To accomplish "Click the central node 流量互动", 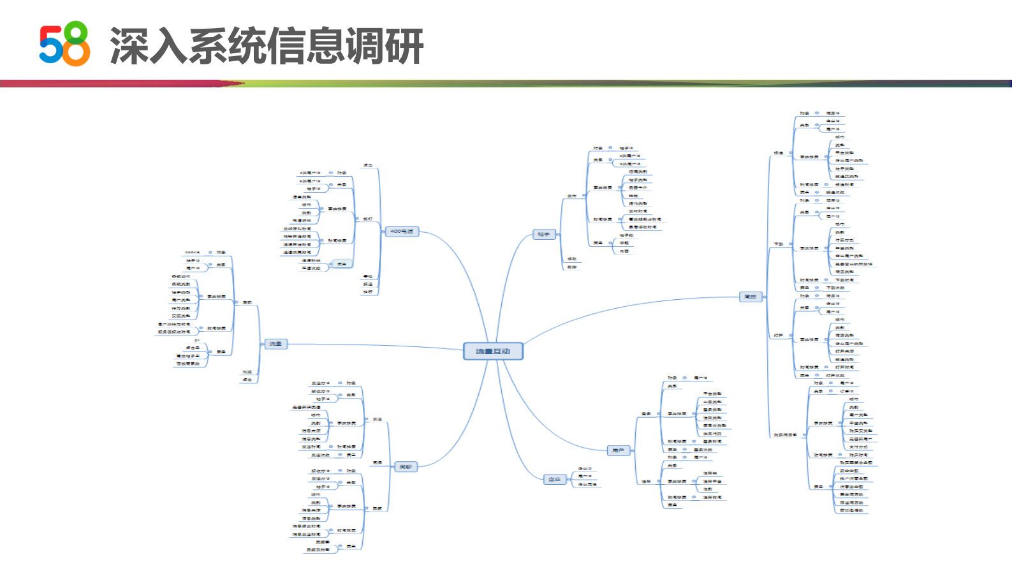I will tap(493, 351).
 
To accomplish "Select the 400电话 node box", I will tap(402, 232).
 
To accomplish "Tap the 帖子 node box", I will tap(543, 235).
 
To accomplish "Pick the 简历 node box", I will tap(751, 297).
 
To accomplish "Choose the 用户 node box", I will tap(618, 450).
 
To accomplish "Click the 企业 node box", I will tap(555, 479).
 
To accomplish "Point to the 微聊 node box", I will tap(406, 467).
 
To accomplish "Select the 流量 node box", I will tap(275, 344).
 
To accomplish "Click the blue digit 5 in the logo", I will tap(50, 45).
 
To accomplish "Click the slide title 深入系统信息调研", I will tap(267, 46).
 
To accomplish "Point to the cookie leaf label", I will tap(192, 253).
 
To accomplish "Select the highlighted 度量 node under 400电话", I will tap(342, 264).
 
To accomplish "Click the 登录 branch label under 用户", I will tap(646, 414).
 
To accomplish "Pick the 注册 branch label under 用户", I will tap(646, 482).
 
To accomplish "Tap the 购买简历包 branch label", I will tap(785, 435).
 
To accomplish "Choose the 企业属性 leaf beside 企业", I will tap(587, 485).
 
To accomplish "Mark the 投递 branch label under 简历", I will tap(779, 153).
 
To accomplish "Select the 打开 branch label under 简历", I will tap(779, 336).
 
